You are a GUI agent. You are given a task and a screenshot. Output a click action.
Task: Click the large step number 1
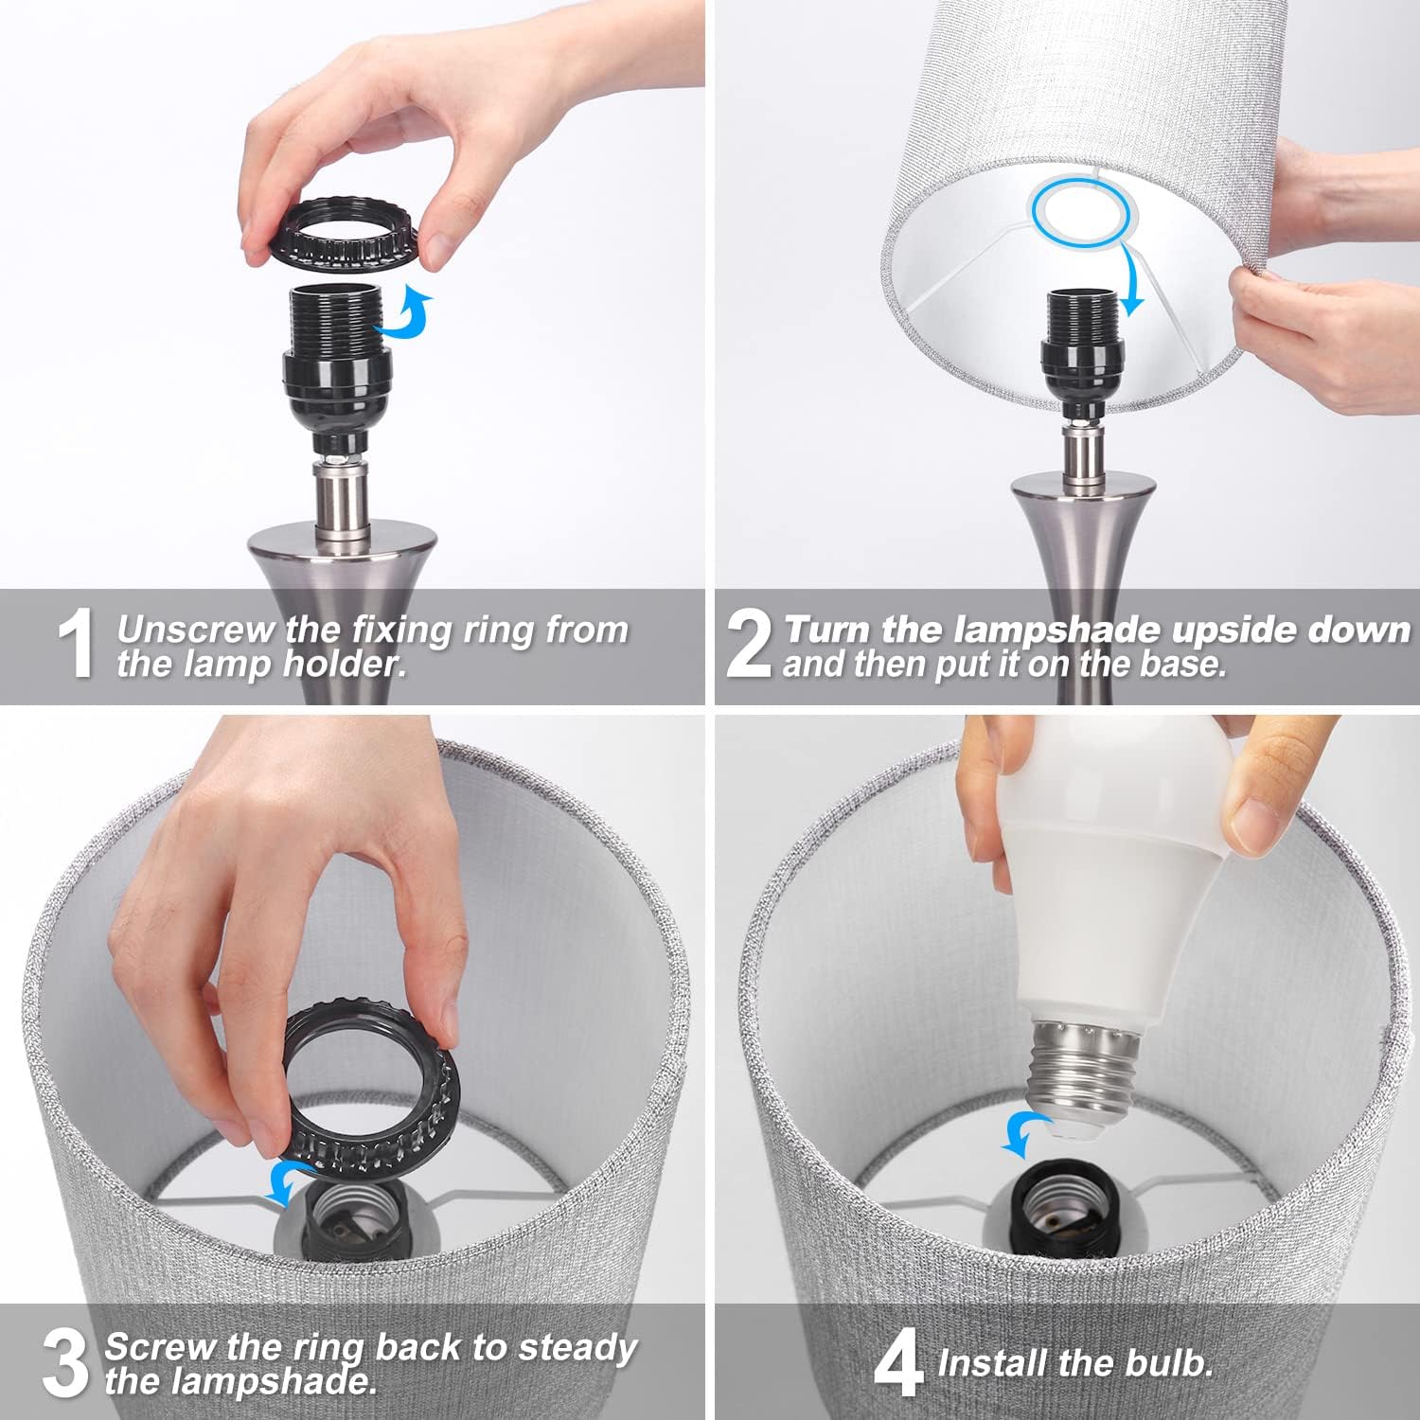click(77, 645)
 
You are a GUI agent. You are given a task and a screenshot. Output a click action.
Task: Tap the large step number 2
click(750, 645)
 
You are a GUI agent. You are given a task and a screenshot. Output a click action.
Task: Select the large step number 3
click(65, 1363)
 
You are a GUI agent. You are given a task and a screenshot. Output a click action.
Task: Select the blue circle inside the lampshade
click(1081, 215)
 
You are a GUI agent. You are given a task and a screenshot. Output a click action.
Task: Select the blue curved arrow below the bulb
click(1025, 1133)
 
